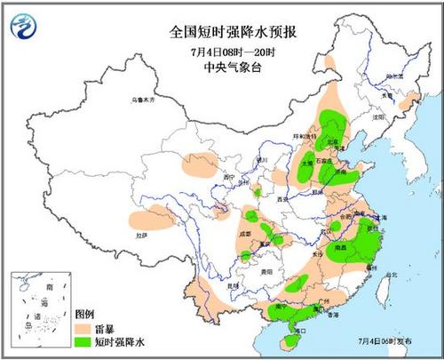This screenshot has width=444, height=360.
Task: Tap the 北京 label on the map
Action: [331, 140]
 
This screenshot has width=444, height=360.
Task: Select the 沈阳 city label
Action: [380, 116]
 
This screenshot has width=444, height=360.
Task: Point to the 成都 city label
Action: [244, 233]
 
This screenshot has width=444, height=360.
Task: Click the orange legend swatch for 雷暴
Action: [84, 327]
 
